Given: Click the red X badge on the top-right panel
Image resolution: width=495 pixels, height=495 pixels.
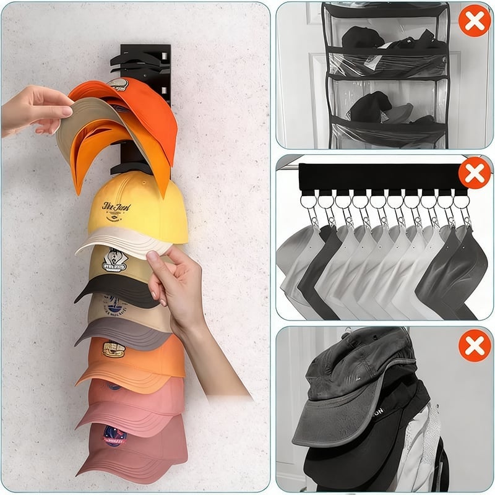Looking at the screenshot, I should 475,21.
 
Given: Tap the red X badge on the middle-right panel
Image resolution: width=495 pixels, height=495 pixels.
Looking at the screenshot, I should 475,173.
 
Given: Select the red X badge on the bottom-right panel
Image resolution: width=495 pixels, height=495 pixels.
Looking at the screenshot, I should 475,346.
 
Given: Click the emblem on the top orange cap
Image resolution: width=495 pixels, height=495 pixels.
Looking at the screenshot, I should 118,86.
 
